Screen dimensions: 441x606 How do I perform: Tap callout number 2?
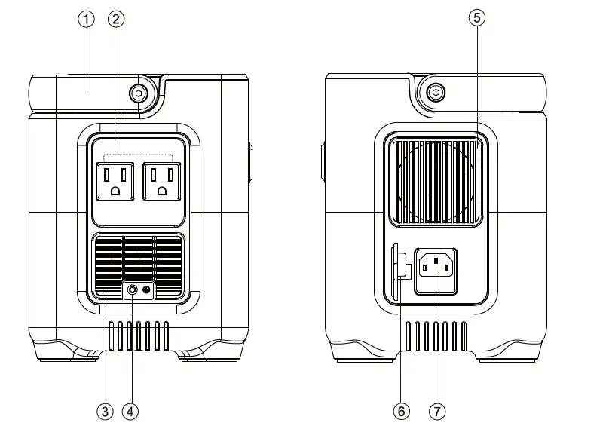click(115, 19)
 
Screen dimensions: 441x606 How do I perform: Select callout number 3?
click(105, 411)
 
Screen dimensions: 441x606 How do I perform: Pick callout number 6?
click(401, 411)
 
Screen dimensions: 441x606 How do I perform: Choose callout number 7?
click(436, 411)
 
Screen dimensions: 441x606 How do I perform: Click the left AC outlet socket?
click(114, 182)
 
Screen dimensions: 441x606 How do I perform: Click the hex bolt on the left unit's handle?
click(137, 93)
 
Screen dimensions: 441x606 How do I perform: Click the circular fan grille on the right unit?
click(435, 181)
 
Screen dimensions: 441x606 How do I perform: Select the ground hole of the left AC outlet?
click(114, 191)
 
